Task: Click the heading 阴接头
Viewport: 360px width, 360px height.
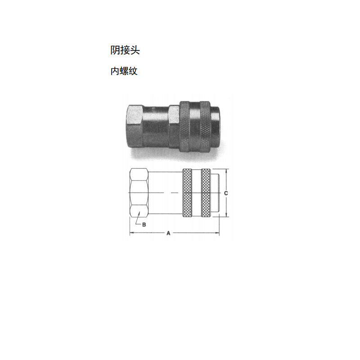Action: pyautogui.click(x=125, y=50)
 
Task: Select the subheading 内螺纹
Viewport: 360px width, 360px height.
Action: pyautogui.click(x=124, y=71)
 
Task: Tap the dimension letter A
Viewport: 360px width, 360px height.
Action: pyautogui.click(x=168, y=233)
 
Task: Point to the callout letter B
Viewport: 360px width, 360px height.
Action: pyautogui.click(x=144, y=225)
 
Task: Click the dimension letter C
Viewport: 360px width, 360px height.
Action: pyautogui.click(x=226, y=193)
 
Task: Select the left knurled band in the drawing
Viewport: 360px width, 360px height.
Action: pyautogui.click(x=187, y=193)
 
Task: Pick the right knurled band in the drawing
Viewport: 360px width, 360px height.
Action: pyautogui.click(x=206, y=193)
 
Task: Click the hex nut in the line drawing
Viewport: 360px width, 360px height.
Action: pyautogui.click(x=139, y=193)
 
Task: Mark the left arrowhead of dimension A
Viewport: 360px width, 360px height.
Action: pyautogui.click(x=131, y=233)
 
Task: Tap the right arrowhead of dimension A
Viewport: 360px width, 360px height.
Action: pyautogui.click(x=217, y=233)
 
